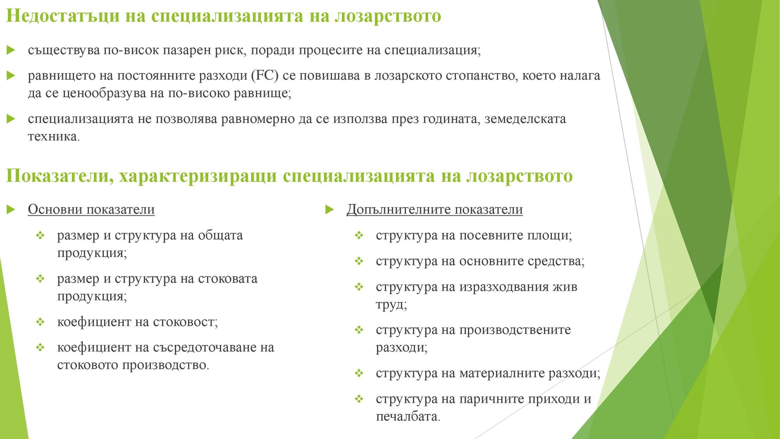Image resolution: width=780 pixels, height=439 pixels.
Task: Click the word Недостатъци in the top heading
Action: (x=63, y=16)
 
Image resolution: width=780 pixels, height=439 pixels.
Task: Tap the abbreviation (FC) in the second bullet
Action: (x=265, y=75)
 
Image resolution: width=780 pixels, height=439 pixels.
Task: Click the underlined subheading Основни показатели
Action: (x=91, y=210)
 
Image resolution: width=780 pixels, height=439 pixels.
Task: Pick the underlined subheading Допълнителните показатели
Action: (x=434, y=210)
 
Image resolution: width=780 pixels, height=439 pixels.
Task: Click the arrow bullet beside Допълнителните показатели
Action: (x=330, y=210)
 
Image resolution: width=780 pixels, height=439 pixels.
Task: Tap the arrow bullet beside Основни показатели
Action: (x=11, y=210)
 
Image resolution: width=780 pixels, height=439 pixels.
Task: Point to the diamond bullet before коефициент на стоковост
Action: (x=41, y=322)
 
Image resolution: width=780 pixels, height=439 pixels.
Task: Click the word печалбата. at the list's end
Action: (x=408, y=417)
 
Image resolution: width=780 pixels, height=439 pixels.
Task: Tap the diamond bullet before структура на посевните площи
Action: (x=359, y=236)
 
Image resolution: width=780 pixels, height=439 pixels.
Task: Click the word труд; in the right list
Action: (x=391, y=304)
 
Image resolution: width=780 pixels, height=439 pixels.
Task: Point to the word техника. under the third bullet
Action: (x=54, y=137)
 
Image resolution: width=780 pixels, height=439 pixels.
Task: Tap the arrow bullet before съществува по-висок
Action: (x=11, y=50)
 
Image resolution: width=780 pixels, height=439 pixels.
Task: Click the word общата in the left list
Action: (x=220, y=235)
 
